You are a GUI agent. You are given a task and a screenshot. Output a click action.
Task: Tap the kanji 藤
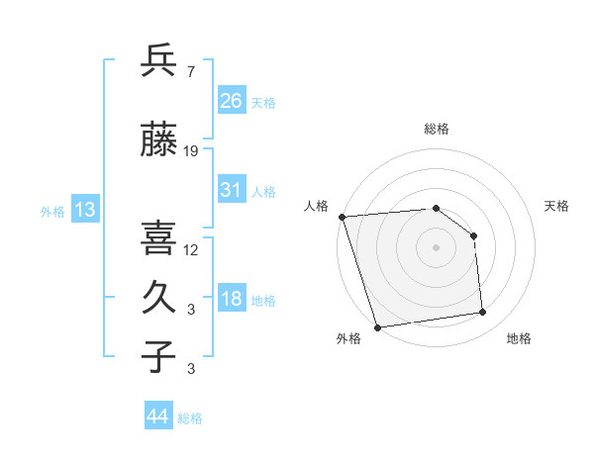[x=158, y=140]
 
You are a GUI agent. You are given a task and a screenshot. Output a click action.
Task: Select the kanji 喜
[x=158, y=237]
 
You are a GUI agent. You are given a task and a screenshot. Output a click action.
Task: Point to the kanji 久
[x=158, y=298]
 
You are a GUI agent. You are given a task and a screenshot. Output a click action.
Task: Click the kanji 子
[x=158, y=356]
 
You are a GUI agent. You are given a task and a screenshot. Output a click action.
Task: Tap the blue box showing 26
[x=231, y=100]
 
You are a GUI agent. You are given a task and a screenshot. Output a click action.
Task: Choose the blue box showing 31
[x=231, y=191]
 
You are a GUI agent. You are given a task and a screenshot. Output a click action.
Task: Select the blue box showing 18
[x=231, y=300]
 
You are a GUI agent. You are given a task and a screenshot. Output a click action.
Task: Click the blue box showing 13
[x=84, y=210]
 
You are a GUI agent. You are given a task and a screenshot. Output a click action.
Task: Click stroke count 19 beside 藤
[x=191, y=151]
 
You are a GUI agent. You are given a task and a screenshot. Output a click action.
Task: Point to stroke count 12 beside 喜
[x=191, y=249]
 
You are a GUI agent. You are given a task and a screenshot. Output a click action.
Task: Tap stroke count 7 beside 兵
[x=191, y=71]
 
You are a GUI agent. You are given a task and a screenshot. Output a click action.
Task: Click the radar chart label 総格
[x=436, y=129]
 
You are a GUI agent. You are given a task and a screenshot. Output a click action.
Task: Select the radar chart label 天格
[x=557, y=206]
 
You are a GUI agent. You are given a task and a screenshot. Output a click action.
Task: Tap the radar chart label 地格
[x=519, y=338]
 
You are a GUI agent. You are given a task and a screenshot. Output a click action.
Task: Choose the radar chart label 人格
[x=317, y=206]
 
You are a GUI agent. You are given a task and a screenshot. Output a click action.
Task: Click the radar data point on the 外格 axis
[x=377, y=326]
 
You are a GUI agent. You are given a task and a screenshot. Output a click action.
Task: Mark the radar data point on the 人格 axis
[x=342, y=217]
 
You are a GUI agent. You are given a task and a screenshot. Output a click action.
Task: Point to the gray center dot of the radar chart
[x=436, y=247]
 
